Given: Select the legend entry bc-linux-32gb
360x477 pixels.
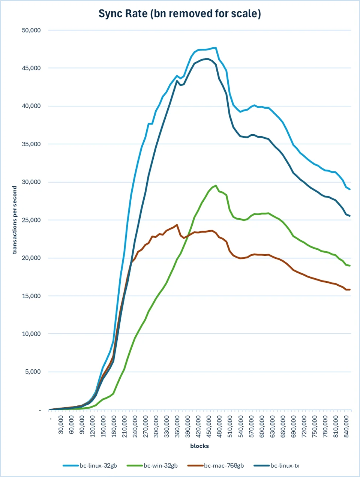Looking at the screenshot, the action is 90,465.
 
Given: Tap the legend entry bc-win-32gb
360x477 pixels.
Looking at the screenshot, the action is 152,465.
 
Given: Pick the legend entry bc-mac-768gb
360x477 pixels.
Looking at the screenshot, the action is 216,465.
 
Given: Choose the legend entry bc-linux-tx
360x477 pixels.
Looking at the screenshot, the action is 276,465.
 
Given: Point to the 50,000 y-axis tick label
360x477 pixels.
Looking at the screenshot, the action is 31,30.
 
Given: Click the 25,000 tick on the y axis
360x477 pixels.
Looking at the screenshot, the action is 31,220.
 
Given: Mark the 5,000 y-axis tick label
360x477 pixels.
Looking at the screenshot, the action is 33,372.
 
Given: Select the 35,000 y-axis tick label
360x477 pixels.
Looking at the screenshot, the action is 31,144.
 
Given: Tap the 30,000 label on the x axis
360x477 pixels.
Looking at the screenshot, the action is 61,424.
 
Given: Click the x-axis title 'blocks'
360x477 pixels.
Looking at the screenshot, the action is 199,446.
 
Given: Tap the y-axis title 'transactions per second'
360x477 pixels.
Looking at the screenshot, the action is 14,220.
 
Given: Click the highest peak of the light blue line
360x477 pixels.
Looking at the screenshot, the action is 216,48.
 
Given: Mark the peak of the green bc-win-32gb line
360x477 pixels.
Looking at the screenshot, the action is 216,186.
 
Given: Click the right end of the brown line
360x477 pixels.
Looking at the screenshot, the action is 349,289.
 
